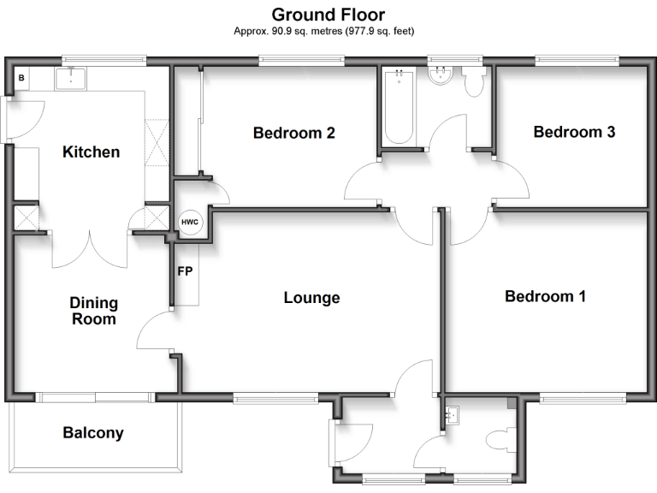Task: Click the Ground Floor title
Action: [x=328, y=15]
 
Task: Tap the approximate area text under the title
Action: [x=328, y=31]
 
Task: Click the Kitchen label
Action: [x=92, y=152]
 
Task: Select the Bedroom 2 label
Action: [x=293, y=133]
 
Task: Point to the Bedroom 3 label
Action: [x=574, y=132]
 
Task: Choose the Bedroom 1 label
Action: [x=545, y=296]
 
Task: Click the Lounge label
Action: [x=311, y=298]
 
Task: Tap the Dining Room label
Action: [x=94, y=311]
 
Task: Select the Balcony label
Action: [x=93, y=433]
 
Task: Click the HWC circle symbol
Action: [x=189, y=223]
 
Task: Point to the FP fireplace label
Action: [x=185, y=272]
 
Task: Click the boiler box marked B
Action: [x=21, y=79]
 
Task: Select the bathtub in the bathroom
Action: [x=398, y=110]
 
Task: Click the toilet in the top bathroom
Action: [x=474, y=82]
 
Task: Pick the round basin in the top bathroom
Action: [x=442, y=77]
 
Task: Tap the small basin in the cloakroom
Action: [x=453, y=416]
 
